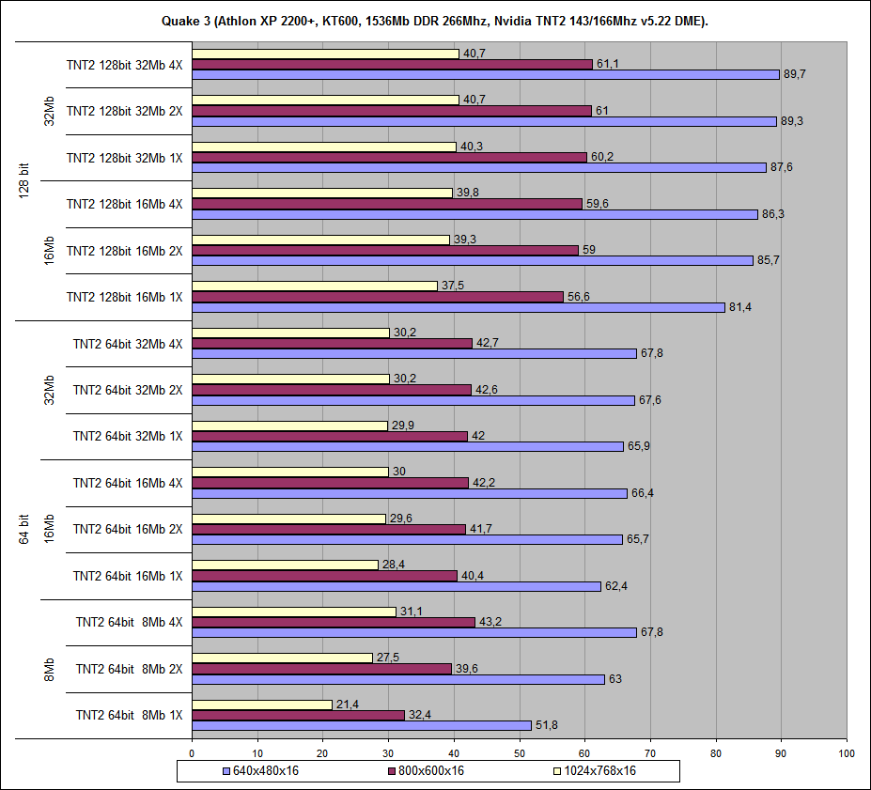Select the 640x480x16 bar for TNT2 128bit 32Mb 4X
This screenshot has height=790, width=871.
pos(485,74)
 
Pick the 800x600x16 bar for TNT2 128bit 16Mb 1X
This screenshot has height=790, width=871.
pos(377,296)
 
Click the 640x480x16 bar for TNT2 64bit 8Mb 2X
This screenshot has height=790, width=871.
pos(397,679)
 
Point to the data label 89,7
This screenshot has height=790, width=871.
pos(795,74)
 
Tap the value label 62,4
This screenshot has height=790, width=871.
pos(616,586)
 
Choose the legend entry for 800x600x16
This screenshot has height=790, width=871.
pos(426,771)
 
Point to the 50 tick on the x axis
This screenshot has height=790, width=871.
pos(520,752)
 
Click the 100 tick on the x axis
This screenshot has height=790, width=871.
pos(847,752)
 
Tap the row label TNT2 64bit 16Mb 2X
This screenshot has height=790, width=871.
pos(128,529)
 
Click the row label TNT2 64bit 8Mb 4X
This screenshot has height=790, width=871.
pos(130,622)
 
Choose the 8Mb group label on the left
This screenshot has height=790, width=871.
pos(50,669)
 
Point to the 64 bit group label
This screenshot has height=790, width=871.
pos(25,529)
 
